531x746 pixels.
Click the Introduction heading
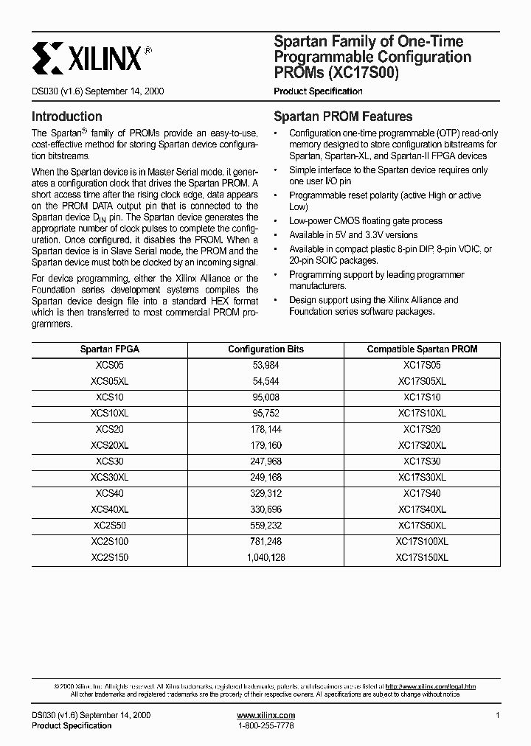click(x=66, y=116)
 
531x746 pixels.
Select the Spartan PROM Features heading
click(x=343, y=116)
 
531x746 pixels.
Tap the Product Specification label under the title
click(x=318, y=91)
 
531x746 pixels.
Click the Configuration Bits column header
click(x=265, y=349)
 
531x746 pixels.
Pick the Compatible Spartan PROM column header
click(x=422, y=349)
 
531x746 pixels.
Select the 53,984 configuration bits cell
click(x=265, y=366)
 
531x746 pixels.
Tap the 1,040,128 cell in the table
click(x=265, y=558)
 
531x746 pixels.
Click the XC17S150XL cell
click(x=422, y=558)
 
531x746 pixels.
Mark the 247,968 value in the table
click(x=265, y=461)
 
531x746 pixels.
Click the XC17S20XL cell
click(x=422, y=446)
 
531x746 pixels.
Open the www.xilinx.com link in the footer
click(x=265, y=716)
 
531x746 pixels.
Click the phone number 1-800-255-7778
click(x=265, y=726)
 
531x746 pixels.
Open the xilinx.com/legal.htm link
click(x=430, y=686)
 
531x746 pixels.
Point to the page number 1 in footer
click(x=498, y=716)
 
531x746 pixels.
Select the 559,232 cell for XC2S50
click(x=265, y=526)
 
